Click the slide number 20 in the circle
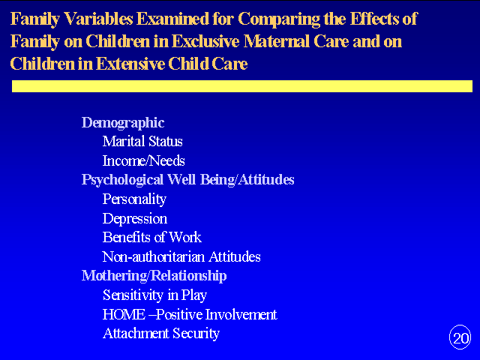[x=460, y=338]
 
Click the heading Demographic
[x=123, y=123]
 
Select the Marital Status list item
[x=142, y=142]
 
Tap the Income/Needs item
[x=143, y=160]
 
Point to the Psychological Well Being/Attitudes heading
[x=188, y=180]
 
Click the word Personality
[x=134, y=199]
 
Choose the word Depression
[x=135, y=219]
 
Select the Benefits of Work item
[x=152, y=237]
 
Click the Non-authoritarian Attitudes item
[x=181, y=256]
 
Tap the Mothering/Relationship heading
[x=154, y=276]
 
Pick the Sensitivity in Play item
[x=155, y=295]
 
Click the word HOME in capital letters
[x=124, y=314]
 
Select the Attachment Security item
[x=161, y=334]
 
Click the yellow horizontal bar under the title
[x=242, y=86]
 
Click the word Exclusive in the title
[x=205, y=41]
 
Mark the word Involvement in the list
[x=241, y=314]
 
